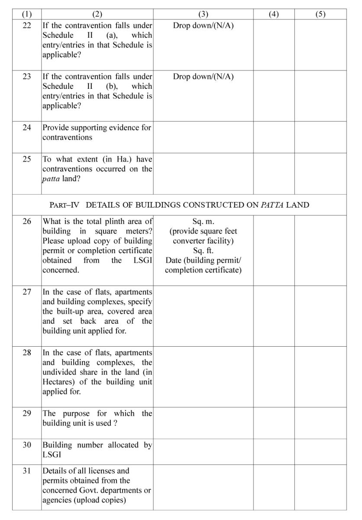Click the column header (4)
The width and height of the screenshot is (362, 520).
pos(274,14)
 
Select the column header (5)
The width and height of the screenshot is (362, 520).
pos(320,14)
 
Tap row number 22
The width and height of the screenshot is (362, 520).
pos(27,26)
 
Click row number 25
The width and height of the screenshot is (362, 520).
pos(27,159)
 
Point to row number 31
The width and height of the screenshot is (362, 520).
pos(27,471)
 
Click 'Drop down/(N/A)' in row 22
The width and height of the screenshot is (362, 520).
pos(203,26)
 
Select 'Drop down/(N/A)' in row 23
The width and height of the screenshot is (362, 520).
pos(203,77)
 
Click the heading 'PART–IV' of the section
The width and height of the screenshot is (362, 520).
pos(63,205)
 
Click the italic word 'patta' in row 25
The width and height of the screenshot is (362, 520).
pos(51,179)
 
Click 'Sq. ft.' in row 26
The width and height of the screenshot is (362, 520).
pos(203,250)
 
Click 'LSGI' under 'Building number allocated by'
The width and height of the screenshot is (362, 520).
pos(51,455)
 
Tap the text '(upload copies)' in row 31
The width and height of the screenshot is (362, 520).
pos(102,500)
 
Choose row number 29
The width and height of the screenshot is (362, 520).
pos(27,413)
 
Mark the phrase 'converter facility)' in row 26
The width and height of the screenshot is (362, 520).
pos(203,241)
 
